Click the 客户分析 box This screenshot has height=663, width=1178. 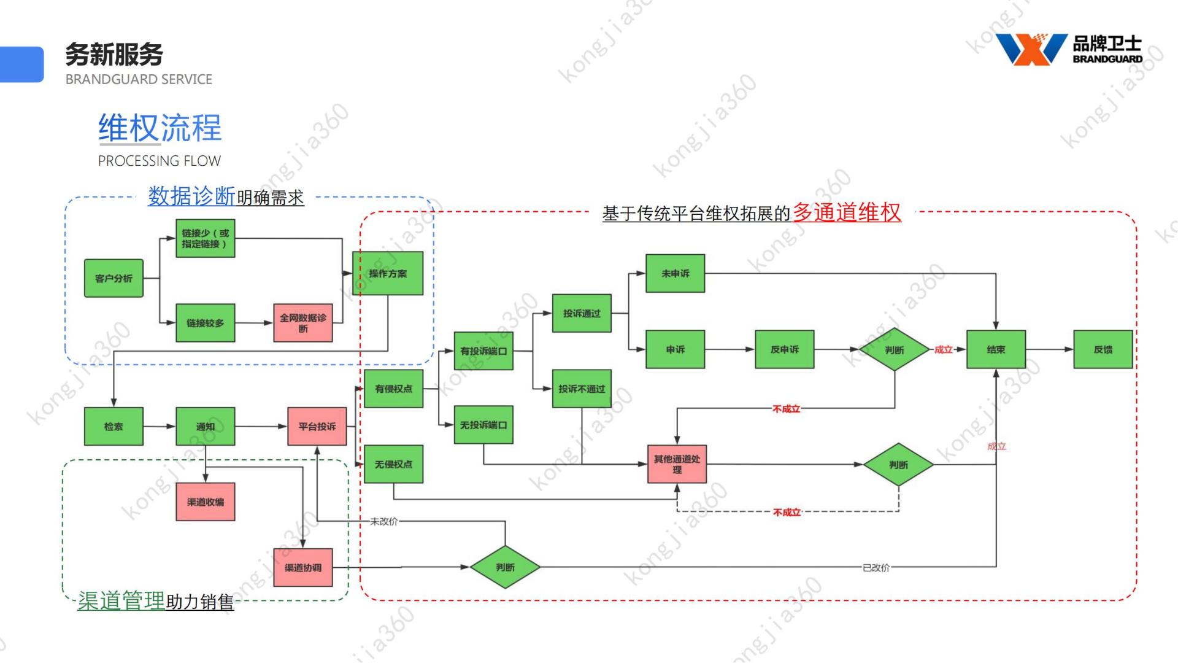114,278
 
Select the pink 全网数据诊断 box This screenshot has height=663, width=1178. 303,323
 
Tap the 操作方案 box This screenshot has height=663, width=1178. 388,273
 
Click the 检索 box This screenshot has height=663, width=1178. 114,426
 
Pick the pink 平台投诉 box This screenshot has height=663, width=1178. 317,426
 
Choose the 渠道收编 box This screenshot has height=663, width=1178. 206,502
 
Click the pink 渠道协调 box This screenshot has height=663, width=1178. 303,567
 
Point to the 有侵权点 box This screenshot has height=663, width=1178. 393,389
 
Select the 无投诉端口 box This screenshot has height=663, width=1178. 483,425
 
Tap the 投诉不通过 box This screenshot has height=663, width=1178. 582,389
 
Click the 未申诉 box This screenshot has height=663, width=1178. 675,273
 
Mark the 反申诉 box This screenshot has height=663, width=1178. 784,349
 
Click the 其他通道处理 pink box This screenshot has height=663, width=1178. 677,464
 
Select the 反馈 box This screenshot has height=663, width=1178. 1103,349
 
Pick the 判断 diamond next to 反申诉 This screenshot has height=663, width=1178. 895,349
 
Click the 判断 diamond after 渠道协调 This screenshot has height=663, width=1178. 505,567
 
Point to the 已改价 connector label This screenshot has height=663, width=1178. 876,568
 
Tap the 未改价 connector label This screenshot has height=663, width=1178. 384,521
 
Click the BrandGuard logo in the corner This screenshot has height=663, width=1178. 1068,50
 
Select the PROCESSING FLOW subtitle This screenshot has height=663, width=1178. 160,161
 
